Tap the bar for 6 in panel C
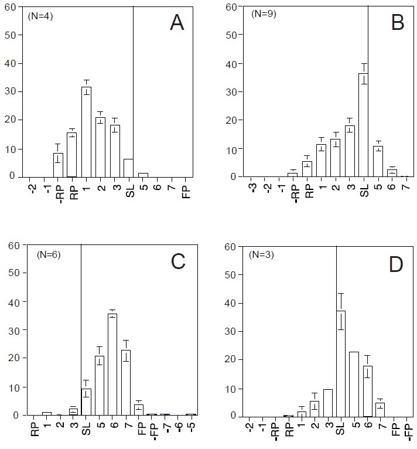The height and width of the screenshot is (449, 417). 112,364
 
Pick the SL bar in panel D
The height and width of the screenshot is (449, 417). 340,363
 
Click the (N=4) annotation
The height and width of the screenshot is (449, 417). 40,16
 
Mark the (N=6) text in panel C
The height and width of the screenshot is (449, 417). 48,254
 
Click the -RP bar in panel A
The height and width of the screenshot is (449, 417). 58,165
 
